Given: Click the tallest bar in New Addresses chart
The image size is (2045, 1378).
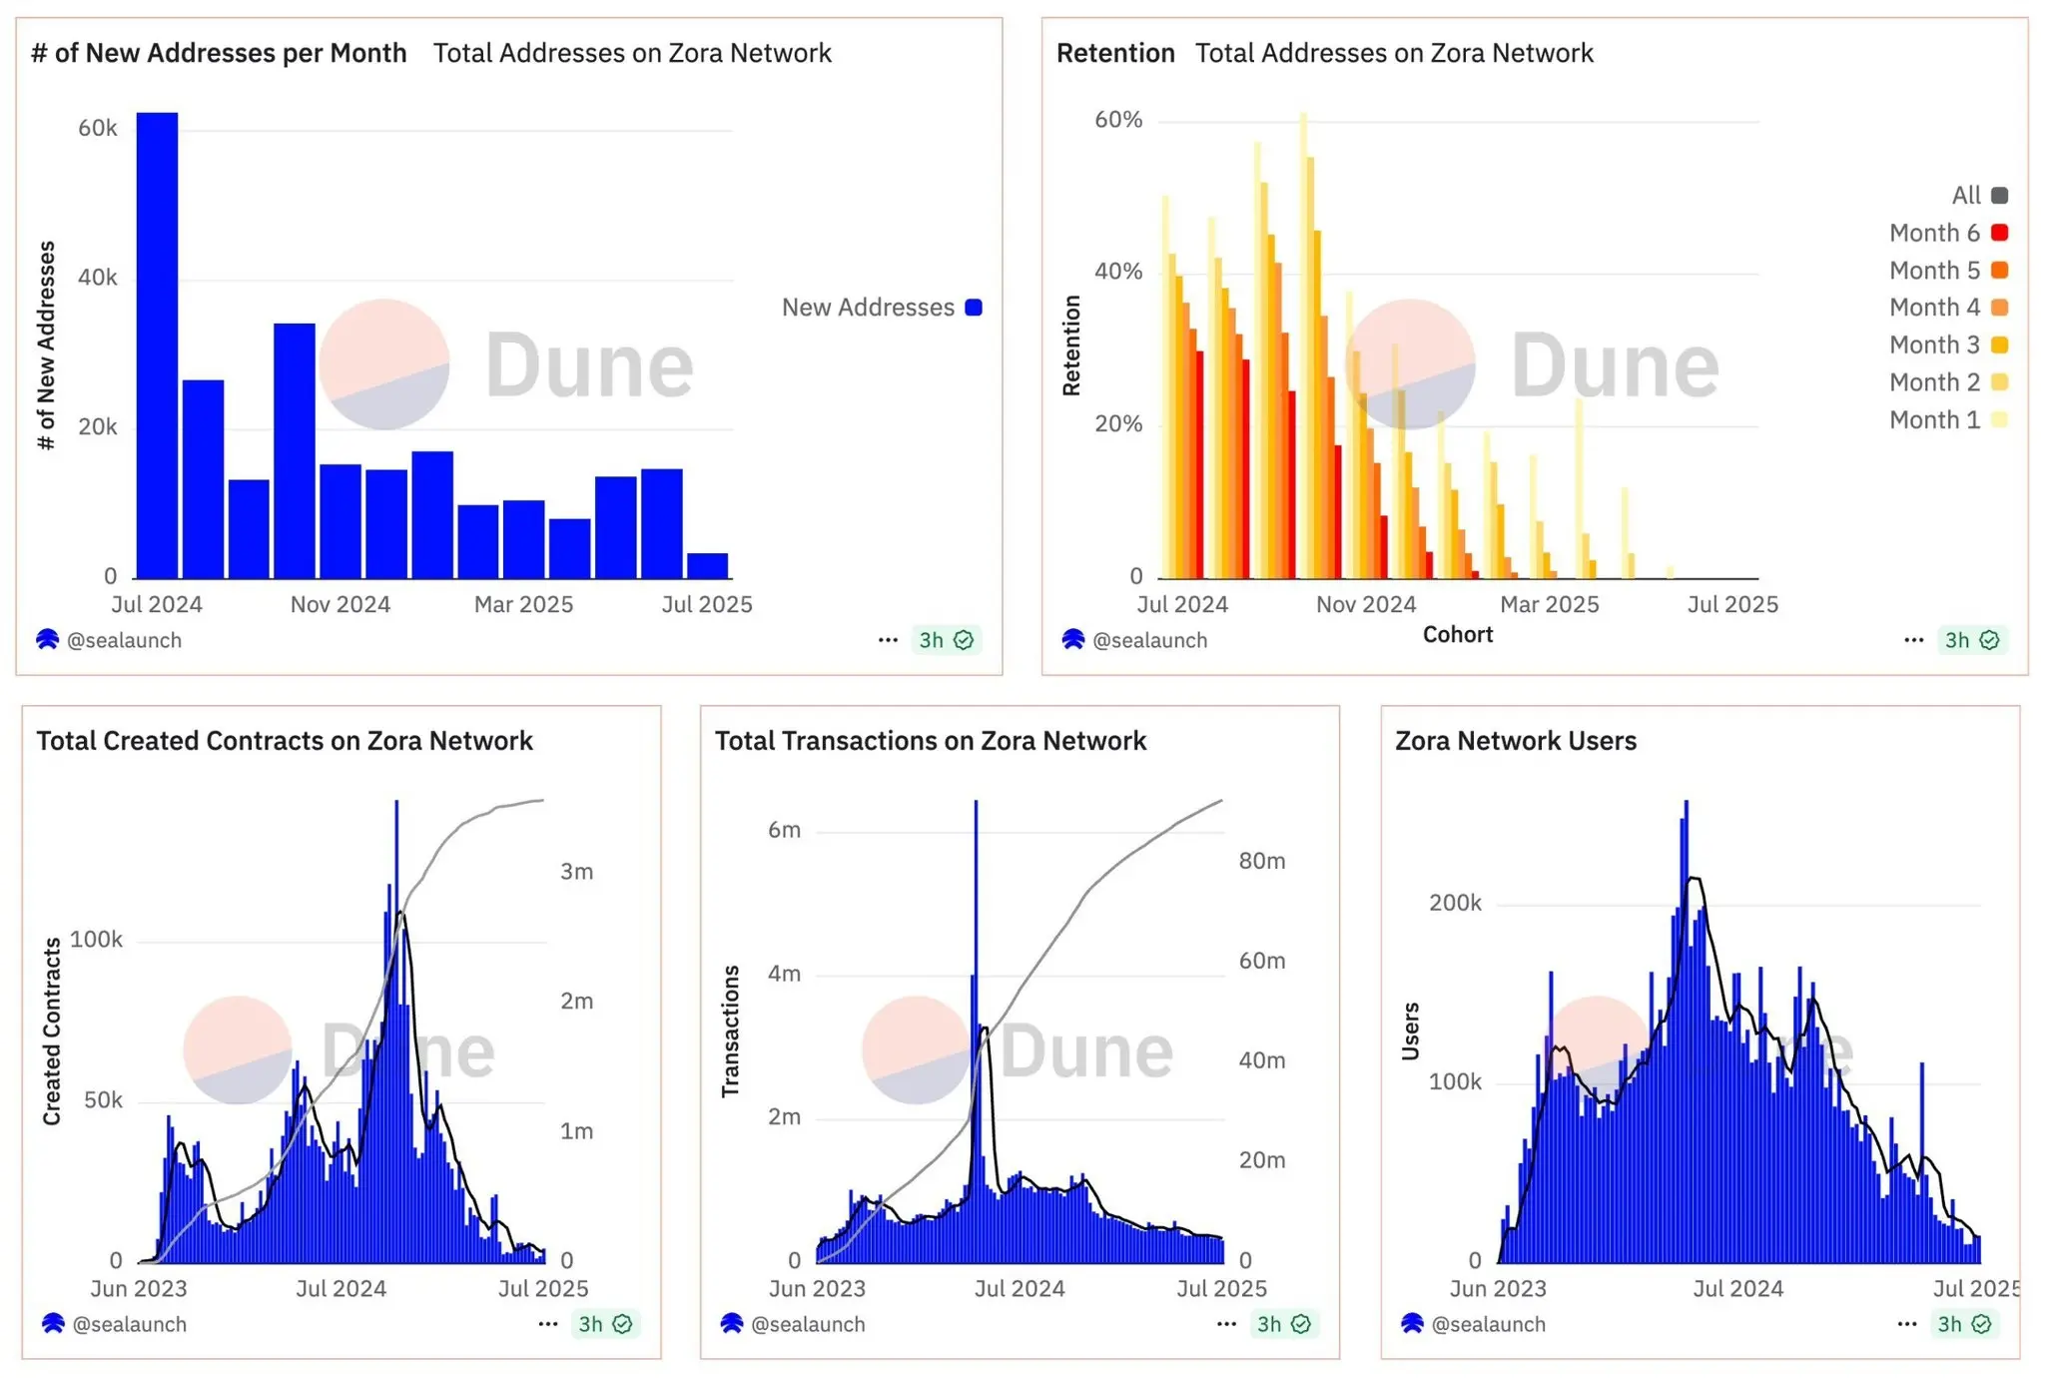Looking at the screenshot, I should point(157,344).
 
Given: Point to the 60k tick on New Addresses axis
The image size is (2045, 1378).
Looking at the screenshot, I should point(98,128).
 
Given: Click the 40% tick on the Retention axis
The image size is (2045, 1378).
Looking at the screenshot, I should point(1118,272).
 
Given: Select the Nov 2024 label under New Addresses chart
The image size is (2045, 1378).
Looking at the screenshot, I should point(340,604).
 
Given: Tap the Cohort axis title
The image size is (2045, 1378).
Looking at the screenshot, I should point(1457,635).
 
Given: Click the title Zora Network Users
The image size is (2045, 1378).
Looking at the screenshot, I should point(1515,741).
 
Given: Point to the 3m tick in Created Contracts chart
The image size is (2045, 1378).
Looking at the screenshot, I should point(576,872).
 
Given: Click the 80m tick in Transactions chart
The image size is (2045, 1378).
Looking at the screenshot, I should point(1261,861).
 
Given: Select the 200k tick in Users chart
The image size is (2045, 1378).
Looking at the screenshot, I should point(1455,903).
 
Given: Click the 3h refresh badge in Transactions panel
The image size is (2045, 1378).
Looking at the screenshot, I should point(1283,1324).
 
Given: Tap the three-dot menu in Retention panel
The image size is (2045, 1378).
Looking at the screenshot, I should point(1913,640).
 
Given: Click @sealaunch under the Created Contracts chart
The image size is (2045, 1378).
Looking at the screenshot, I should point(129,1324).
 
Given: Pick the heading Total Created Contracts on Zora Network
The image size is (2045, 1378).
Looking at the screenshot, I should point(285,741).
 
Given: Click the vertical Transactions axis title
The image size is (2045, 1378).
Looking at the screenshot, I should point(731,1031).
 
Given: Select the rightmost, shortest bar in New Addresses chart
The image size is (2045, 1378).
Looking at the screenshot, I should point(707,566).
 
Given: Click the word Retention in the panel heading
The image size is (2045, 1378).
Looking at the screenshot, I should point(1115,53).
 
